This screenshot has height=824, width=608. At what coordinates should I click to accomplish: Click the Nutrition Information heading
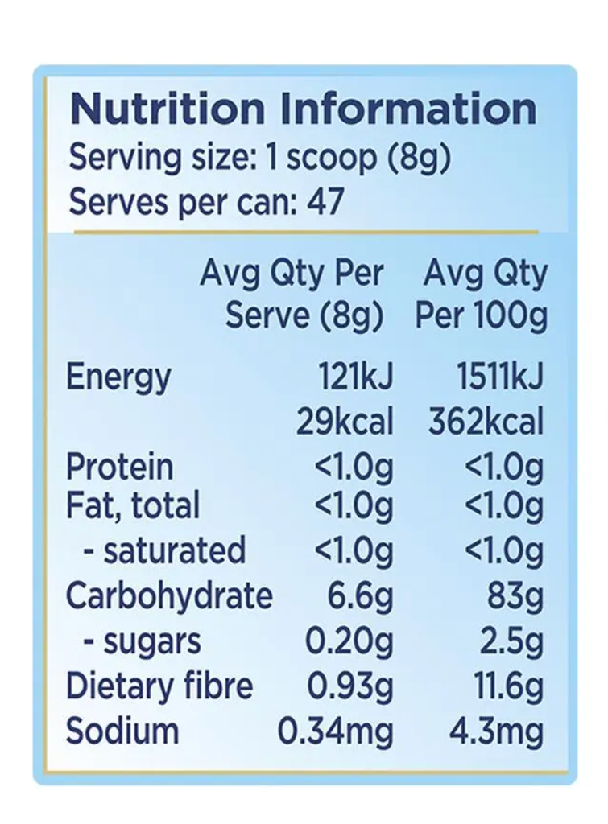[x=303, y=109]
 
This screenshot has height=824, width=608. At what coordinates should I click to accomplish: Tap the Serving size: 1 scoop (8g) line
[x=259, y=157]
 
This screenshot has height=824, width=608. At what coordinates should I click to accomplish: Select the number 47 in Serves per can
[x=325, y=201]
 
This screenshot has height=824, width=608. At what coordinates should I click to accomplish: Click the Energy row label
[x=118, y=377]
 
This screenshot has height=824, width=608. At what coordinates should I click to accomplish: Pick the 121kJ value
[x=355, y=377]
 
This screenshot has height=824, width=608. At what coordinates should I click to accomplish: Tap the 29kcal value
[x=345, y=422]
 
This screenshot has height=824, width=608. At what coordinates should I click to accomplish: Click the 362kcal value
[x=486, y=422]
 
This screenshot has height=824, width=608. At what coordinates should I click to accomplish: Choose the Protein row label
[x=119, y=467]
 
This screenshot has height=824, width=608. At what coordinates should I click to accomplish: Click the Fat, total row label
[x=133, y=506]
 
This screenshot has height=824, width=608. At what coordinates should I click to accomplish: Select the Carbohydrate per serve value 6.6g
[x=360, y=596]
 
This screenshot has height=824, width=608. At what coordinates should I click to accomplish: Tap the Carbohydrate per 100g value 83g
[x=515, y=596]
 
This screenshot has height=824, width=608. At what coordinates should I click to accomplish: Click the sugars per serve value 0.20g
[x=349, y=641]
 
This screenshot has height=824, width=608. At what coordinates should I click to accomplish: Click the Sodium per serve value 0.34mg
[x=336, y=731]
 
